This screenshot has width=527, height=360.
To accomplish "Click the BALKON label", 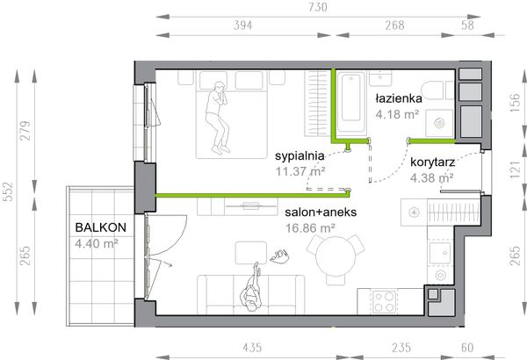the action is pyautogui.click(x=100, y=227).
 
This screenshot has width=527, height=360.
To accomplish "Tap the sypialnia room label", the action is pyautogui.click(x=300, y=156).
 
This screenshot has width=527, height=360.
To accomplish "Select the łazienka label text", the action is pyautogui.click(x=399, y=98).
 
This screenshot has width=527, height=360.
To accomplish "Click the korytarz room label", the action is pyautogui.click(x=432, y=162).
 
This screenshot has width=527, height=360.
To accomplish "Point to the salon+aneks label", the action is pyautogui.click(x=321, y=212).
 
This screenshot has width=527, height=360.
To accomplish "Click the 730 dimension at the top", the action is pyautogui.click(x=318, y=7).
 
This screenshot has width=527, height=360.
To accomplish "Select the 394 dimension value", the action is pyautogui.click(x=243, y=25).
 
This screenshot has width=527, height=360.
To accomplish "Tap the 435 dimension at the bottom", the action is pyautogui.click(x=252, y=347).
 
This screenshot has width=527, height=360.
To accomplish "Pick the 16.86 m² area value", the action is pyautogui.click(x=310, y=228).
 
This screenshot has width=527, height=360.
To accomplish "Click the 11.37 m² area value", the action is pyautogui.click(x=300, y=171).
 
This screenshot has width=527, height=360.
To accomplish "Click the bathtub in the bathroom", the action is pyautogui.click(x=351, y=103).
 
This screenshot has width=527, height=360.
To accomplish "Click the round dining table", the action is pyautogui.click(x=336, y=256).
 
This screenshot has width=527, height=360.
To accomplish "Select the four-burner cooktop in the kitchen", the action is pyautogui.click(x=385, y=302).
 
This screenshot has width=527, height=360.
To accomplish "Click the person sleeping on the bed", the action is pyautogui.click(x=217, y=118).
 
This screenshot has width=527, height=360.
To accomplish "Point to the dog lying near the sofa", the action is pyautogui.click(x=279, y=256).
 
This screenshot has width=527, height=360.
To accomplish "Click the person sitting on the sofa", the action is pyautogui.click(x=251, y=289).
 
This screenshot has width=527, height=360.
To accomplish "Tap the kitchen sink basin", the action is pyautogui.click(x=440, y=253).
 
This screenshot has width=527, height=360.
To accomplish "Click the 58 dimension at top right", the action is pyautogui.click(x=467, y=25).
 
